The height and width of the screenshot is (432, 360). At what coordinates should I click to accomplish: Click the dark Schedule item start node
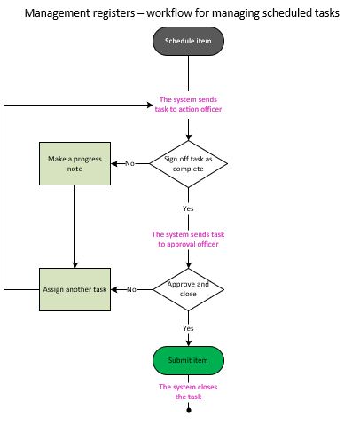tap(188, 41)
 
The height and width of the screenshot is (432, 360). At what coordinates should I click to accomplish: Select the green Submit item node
tap(188, 360)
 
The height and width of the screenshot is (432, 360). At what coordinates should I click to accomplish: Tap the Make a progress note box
tap(74, 163)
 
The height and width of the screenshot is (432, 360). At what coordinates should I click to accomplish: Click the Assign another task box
tap(74, 289)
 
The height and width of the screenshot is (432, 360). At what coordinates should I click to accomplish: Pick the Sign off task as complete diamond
tap(188, 163)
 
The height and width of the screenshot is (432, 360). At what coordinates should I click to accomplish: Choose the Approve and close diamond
tap(188, 289)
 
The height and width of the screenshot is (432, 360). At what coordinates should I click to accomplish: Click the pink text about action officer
tap(188, 104)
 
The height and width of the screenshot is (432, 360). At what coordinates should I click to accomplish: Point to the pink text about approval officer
tap(188, 239)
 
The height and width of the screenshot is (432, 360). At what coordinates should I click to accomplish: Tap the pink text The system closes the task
tap(188, 391)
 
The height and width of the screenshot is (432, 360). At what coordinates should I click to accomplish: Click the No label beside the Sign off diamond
tap(129, 163)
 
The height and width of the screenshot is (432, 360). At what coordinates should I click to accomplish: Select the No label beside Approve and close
tap(131, 289)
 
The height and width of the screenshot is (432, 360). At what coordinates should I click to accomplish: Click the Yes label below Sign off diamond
tap(188, 208)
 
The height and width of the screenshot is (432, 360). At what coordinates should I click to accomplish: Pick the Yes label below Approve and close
tap(188, 328)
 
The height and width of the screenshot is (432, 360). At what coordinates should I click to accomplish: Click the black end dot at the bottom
tap(188, 410)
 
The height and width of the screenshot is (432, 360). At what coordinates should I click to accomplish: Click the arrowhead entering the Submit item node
tap(188, 342)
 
